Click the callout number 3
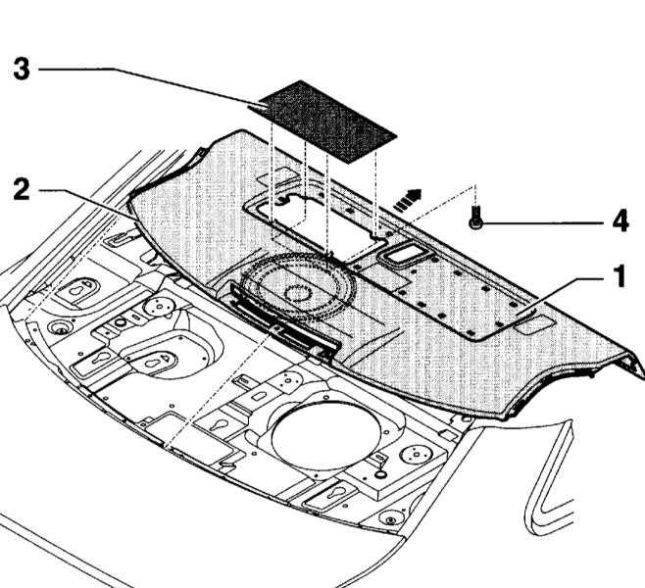[x=22, y=69]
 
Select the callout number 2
[x=22, y=189]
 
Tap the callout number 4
[x=620, y=221]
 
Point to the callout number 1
[x=620, y=276]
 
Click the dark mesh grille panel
[x=327, y=122]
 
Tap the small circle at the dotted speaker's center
[x=298, y=294]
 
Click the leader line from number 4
[x=544, y=223]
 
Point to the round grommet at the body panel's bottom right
[x=391, y=518]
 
